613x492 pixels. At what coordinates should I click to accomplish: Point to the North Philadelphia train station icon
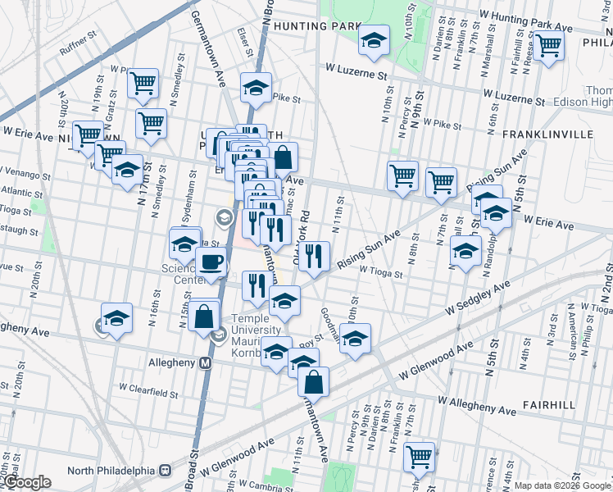point(165,471)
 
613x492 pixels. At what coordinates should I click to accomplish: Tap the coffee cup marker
point(211,262)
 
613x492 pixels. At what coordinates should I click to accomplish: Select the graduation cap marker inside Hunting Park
point(374,40)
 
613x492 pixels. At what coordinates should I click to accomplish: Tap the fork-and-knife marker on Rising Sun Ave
point(313,257)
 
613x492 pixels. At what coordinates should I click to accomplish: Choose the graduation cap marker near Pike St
point(256,87)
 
